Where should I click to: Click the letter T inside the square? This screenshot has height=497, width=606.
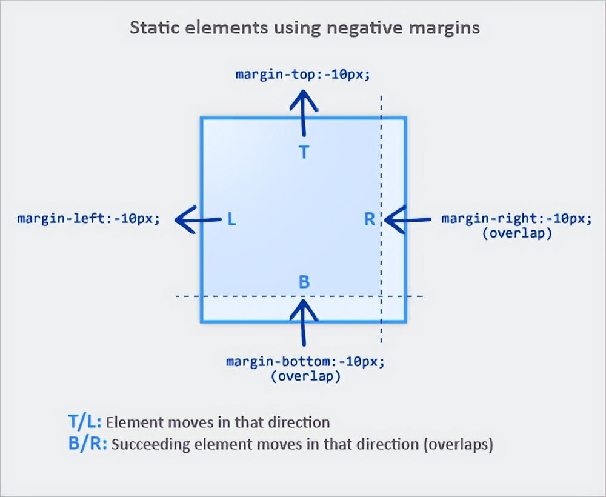coord(304,152)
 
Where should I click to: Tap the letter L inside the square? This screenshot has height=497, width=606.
coord(231,219)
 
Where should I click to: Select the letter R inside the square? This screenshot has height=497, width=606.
coord(370,219)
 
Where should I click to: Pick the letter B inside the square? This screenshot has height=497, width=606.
coord(304,282)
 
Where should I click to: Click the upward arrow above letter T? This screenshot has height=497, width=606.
coord(304,113)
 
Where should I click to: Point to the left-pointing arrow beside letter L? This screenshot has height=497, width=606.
coord(198,219)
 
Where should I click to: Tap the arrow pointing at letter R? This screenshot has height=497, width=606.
coord(407,219)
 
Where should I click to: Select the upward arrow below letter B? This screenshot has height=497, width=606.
coord(304,322)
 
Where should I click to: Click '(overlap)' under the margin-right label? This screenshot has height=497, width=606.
coord(517,233)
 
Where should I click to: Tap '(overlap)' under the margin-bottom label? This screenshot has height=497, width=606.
coord(305,376)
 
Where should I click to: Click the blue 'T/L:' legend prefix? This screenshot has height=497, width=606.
coord(84,422)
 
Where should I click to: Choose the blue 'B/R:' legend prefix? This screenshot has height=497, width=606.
coord(87,444)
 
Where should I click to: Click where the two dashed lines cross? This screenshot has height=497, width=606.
coord(381,296)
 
